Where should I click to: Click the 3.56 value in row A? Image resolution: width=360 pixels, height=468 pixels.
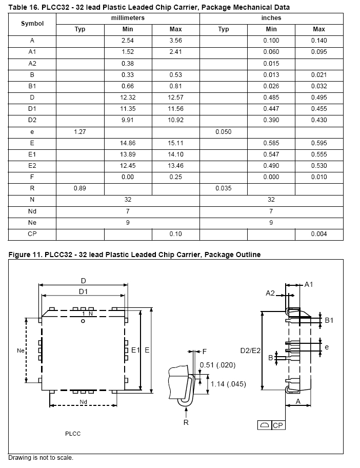[175, 41]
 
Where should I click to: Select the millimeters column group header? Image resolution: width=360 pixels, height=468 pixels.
[128, 18]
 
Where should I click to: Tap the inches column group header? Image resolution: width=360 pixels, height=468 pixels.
[271, 18]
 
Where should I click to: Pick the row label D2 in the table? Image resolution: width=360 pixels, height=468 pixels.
[32, 120]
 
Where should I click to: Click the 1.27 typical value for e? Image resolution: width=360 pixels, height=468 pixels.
[80, 131]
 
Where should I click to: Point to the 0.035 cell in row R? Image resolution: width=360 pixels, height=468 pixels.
[224, 188]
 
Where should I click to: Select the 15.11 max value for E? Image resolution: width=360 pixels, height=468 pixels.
[175, 143]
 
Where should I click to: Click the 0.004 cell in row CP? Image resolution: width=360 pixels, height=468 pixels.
[319, 234]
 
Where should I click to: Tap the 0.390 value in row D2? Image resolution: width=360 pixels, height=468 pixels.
[271, 120]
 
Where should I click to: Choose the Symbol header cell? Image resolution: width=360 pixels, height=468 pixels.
[32, 24]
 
